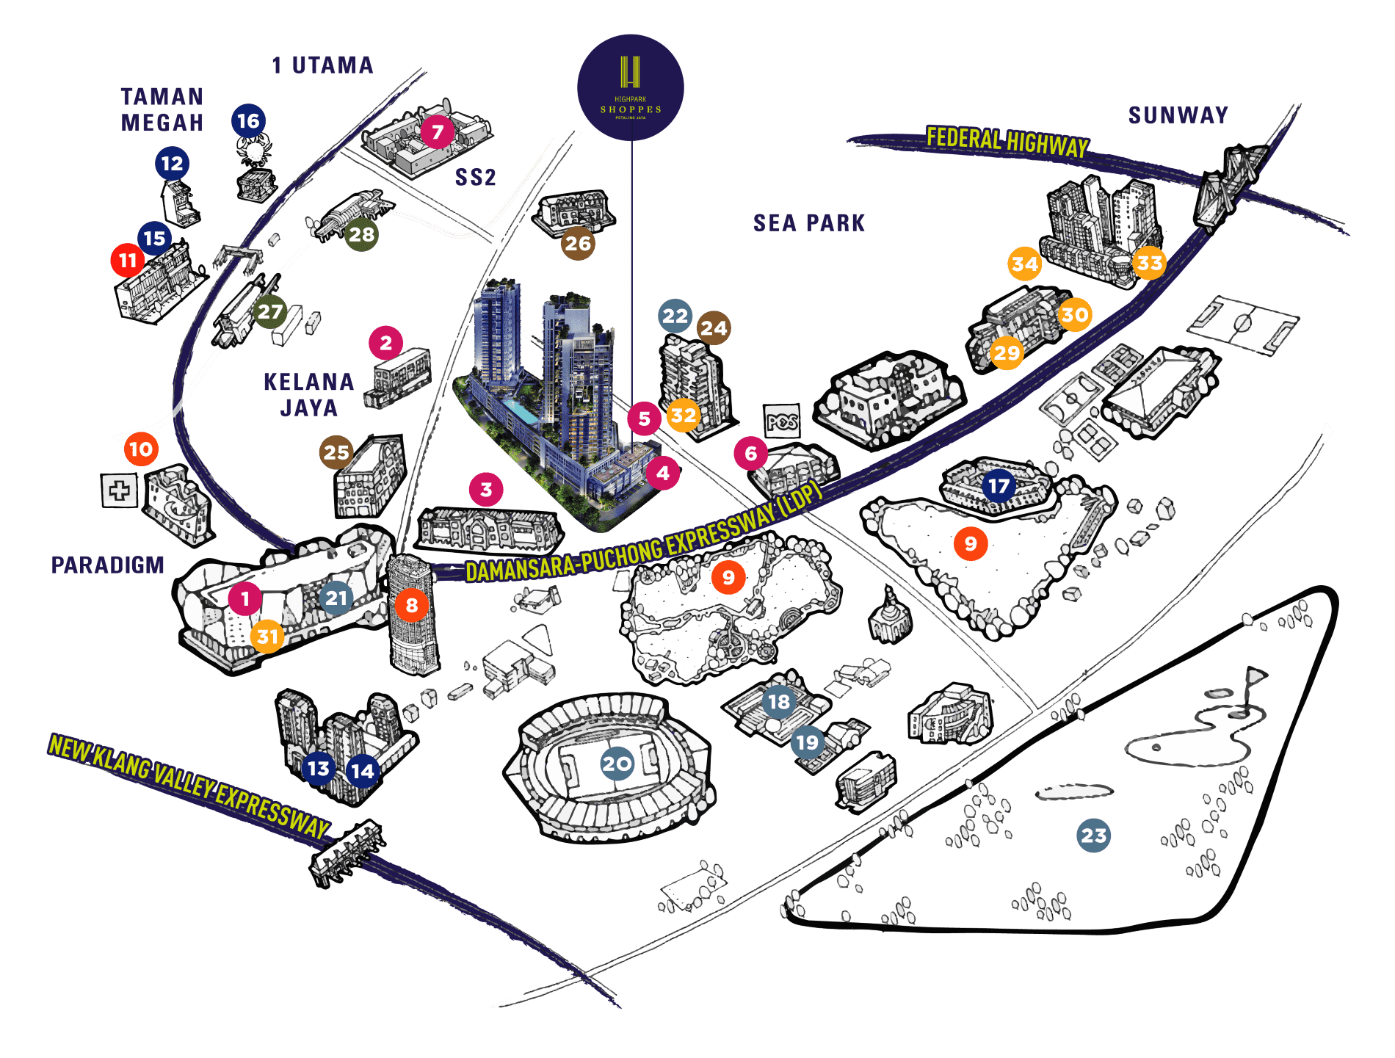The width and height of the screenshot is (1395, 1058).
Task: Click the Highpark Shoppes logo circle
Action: (x=631, y=87)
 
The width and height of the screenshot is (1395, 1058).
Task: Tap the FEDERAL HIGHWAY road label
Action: (x=1007, y=141)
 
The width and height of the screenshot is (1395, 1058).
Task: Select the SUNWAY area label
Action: (x=1178, y=115)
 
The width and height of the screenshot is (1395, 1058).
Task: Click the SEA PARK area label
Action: (x=809, y=223)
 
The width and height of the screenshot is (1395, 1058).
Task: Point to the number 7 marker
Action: (x=438, y=132)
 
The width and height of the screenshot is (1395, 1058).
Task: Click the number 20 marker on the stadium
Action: (x=617, y=764)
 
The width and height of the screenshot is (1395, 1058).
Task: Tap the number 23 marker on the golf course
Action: (x=1093, y=836)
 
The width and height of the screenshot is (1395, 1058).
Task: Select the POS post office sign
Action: (x=782, y=421)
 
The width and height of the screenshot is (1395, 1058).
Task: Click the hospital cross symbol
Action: (x=120, y=490)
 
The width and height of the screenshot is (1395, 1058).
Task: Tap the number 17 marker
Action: (x=999, y=486)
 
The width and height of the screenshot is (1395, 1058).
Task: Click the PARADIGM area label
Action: (x=108, y=565)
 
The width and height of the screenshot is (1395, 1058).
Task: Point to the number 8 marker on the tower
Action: (x=412, y=605)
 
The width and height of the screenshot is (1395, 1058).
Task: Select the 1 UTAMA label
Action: (x=322, y=65)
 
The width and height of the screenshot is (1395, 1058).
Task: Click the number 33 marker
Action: (x=1150, y=263)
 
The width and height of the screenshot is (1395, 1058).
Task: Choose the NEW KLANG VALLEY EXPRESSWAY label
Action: (x=189, y=786)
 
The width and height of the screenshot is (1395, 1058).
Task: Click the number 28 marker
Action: (x=362, y=234)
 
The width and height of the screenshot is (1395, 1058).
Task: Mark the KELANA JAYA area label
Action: (x=309, y=395)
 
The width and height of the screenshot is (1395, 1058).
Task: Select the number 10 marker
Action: (x=141, y=449)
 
